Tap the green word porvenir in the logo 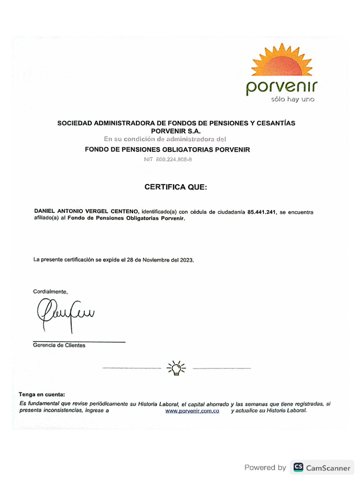click(x=282, y=87)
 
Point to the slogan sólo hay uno click(x=292, y=99)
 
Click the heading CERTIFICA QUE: click(x=175, y=187)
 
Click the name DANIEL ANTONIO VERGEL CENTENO click(x=87, y=212)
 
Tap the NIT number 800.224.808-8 click(x=174, y=159)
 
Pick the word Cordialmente click(x=50, y=292)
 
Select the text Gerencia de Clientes click(x=59, y=345)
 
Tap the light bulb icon click(x=176, y=368)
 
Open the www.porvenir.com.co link click(x=192, y=411)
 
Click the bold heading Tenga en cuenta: click(x=42, y=394)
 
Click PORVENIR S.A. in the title click(x=175, y=131)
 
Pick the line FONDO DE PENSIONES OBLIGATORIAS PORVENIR click(x=167, y=150)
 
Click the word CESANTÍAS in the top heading click(x=274, y=123)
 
